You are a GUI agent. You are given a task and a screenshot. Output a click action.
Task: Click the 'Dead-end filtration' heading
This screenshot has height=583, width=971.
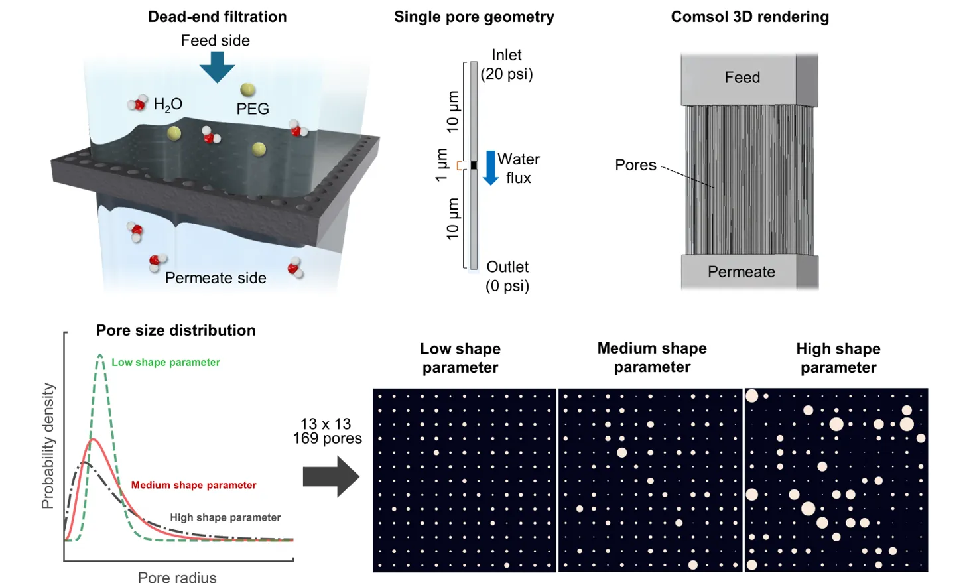[217, 17]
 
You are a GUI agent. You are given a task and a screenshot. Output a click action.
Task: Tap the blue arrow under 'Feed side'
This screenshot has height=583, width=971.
[217, 66]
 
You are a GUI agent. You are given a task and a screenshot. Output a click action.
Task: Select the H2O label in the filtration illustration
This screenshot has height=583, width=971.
[167, 105]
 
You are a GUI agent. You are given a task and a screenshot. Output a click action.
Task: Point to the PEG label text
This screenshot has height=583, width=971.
[253, 109]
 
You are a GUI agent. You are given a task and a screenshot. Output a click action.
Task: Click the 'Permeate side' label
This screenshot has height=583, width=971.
[216, 278]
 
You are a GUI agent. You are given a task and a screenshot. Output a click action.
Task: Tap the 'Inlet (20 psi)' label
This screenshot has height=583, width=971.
[507, 64]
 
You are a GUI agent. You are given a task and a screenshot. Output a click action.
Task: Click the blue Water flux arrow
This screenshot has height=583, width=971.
[490, 167]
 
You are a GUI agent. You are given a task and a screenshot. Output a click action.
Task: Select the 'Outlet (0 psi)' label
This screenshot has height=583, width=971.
[507, 276]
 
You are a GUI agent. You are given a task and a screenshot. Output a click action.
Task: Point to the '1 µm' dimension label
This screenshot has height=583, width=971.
[441, 165]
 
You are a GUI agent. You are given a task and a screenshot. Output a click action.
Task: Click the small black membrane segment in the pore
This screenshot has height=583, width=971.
[474, 165]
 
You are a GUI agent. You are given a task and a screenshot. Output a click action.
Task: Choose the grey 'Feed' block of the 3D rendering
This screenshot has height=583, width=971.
[742, 78]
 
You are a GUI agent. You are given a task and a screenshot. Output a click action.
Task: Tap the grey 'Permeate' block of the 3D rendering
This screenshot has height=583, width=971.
[741, 272]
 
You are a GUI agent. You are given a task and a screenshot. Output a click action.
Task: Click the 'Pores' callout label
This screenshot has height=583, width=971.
[635, 165]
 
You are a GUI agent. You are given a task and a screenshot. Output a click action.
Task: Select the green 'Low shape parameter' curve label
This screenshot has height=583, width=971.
[165, 362]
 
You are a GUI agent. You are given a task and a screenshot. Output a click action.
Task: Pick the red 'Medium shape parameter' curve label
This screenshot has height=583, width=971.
[193, 485]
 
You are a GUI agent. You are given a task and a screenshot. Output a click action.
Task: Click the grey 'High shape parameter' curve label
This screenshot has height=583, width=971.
[225, 517]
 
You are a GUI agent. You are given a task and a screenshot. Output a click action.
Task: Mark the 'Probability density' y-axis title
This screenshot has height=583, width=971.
[48, 446]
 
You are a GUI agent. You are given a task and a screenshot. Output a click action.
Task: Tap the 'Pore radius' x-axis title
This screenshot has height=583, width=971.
[177, 576]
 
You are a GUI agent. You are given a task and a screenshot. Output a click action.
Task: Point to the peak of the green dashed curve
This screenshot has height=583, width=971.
[100, 356]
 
